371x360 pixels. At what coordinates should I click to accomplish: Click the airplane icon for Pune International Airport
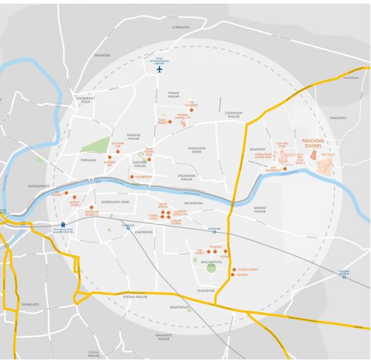[160, 69]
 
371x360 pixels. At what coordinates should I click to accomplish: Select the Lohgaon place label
[181, 27]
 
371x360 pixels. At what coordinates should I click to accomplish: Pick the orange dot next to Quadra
[234, 276]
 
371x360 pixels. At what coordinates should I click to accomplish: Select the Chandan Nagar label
[236, 113]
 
